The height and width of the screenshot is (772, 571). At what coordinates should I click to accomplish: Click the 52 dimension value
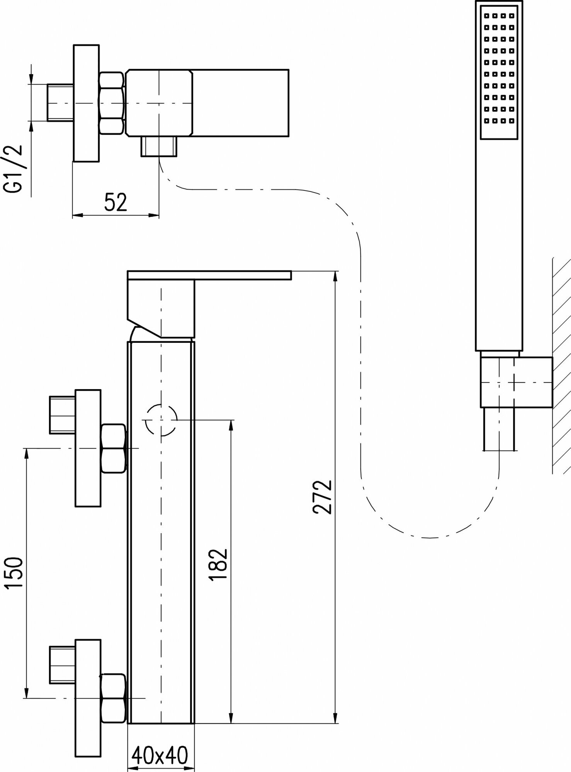coord(116,202)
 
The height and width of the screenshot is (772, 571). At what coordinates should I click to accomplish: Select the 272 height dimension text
coord(323,497)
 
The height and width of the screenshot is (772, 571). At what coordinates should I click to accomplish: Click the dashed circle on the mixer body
coord(161,420)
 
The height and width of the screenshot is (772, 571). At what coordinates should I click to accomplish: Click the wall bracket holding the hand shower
coord(516,382)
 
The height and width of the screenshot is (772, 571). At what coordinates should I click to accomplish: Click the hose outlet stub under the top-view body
coord(159,146)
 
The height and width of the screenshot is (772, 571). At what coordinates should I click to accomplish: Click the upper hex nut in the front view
coord(114,448)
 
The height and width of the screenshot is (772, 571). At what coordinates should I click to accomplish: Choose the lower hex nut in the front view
coord(114,698)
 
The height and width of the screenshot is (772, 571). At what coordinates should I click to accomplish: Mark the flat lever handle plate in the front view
coord(209,275)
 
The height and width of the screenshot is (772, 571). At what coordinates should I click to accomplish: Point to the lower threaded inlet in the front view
coord(62,665)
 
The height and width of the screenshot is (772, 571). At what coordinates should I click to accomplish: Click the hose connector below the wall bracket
coord(500,429)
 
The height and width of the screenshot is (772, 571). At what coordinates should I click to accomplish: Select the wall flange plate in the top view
coord(86,103)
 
